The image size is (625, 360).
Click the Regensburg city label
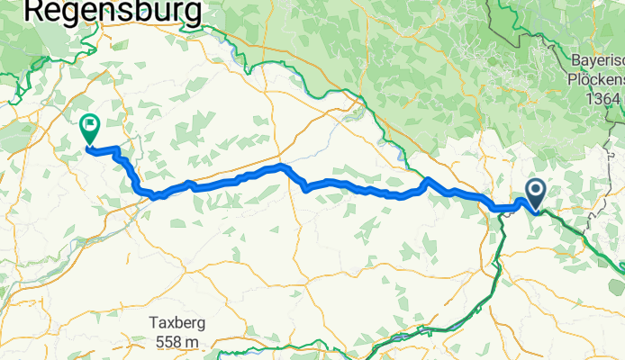point(113,10)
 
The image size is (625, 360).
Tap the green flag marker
point(90,128)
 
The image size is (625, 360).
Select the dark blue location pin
point(535,192)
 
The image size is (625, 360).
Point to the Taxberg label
point(177,325)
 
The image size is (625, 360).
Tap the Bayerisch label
point(597,61)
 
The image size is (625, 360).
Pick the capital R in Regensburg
point(35,10)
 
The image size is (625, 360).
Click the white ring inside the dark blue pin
point(535,189)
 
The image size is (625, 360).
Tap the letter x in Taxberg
point(170,325)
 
